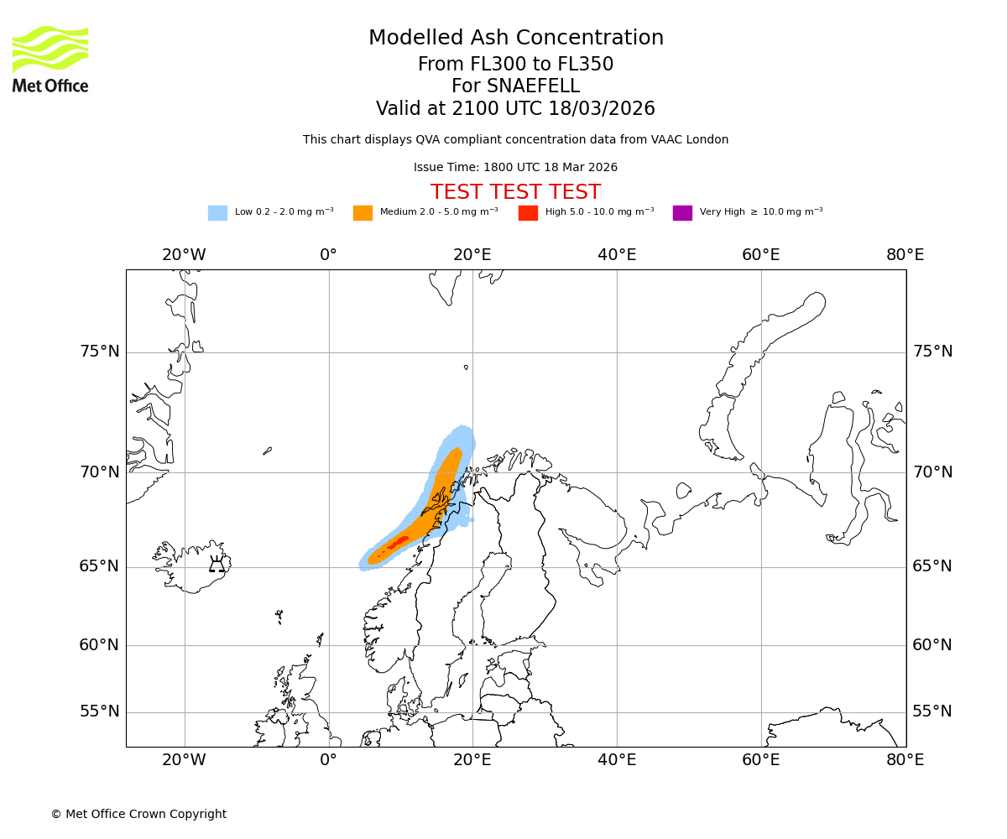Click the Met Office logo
(50, 59)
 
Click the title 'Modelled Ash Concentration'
(515, 39)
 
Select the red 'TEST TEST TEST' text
(515, 193)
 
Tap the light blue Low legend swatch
(217, 213)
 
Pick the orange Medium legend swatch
(363, 213)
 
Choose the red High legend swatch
(528, 213)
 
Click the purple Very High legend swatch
(682, 213)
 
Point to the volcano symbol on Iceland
(217, 564)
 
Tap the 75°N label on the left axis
(100, 352)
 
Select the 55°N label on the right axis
(932, 711)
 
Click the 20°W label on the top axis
(184, 255)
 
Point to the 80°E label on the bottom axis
(905, 760)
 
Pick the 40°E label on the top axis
(617, 255)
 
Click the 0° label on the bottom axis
(328, 760)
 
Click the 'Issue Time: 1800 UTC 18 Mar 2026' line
(515, 168)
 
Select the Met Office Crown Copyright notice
(138, 815)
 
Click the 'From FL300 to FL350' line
(515, 65)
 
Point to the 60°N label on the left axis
(100, 645)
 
